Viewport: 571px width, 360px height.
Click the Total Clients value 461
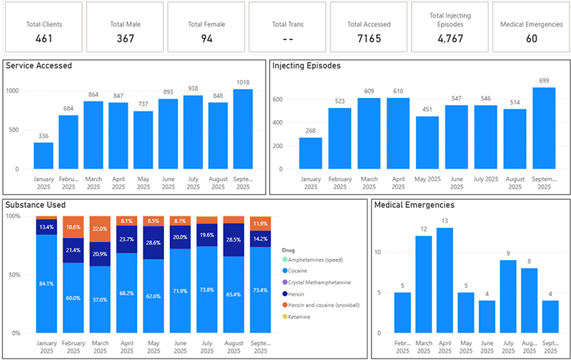point(44,38)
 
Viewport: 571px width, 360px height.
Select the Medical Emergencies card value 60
point(531,38)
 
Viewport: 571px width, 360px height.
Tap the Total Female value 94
point(206,38)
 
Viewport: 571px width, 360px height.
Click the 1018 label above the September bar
point(243,82)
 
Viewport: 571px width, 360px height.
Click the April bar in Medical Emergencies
point(445,280)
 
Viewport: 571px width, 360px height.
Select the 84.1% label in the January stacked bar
point(46,283)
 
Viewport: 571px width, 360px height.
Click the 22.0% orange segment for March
point(101,228)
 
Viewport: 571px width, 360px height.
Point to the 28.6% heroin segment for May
point(154,242)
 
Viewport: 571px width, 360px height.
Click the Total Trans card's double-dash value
point(288,38)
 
